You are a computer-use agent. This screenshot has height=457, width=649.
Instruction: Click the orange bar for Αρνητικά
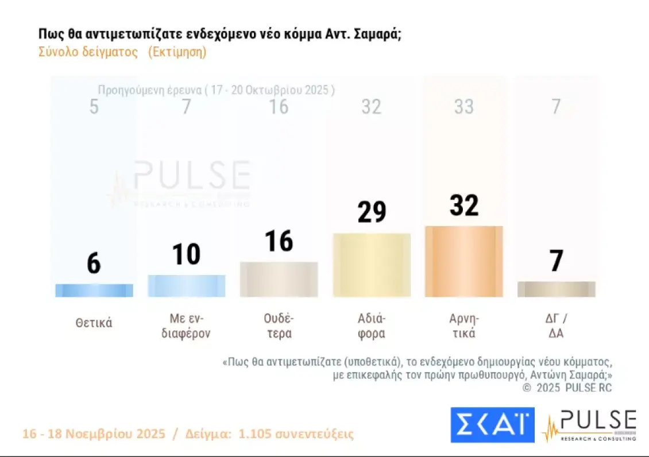click(463, 262)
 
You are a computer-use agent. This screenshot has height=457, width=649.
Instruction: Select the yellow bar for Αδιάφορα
click(372, 265)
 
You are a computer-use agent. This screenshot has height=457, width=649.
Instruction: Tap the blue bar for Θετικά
click(94, 291)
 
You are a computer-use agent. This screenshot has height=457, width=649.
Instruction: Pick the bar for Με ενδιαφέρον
click(186, 286)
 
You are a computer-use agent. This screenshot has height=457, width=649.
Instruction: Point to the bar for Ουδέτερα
click(279, 280)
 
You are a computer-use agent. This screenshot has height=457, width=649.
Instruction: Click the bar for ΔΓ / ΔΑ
click(556, 289)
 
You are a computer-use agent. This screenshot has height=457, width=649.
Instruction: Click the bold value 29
click(372, 212)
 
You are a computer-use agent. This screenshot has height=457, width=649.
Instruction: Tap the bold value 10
click(186, 254)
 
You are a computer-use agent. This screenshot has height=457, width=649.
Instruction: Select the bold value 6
click(94, 264)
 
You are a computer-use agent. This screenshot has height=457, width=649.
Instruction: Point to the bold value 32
click(463, 206)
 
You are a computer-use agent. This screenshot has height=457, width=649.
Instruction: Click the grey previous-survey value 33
click(463, 107)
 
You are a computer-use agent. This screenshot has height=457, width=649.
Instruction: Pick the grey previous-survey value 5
click(94, 107)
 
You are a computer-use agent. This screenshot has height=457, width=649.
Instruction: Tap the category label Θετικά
click(94, 323)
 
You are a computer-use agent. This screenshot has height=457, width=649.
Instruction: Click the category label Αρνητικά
click(463, 326)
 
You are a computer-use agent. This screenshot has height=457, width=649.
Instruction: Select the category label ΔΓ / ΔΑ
click(556, 326)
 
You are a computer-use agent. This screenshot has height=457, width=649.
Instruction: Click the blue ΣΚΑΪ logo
click(492, 425)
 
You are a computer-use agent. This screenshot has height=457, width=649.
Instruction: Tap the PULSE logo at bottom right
click(590, 425)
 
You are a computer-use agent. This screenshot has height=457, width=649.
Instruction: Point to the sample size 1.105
click(261, 433)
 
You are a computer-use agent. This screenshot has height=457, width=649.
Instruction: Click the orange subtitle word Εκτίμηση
click(177, 52)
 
